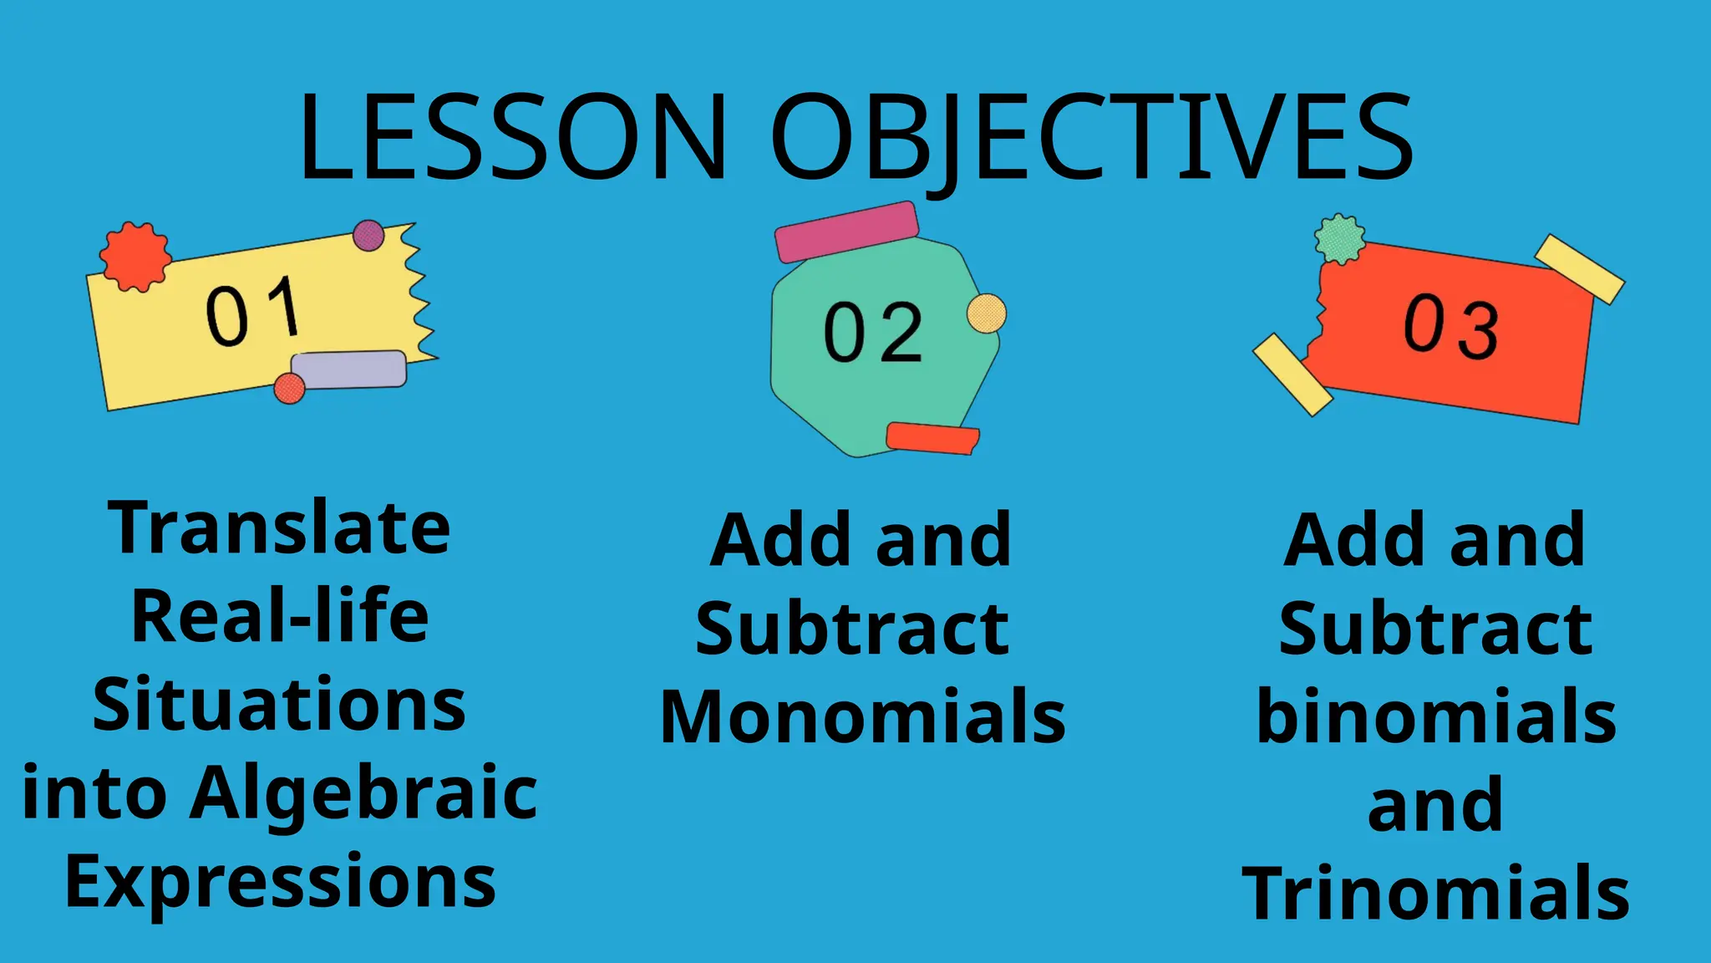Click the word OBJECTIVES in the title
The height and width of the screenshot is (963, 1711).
point(1091,138)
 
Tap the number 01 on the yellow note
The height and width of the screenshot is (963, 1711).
point(253,311)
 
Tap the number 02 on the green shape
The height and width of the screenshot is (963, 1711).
point(873,333)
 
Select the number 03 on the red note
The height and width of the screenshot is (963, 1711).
point(1451,326)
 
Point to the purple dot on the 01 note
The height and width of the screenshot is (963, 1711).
point(368,236)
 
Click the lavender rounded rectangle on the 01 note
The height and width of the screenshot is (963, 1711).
point(349,369)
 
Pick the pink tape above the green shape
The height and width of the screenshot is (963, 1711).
point(846,231)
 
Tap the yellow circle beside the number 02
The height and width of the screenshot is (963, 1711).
point(987,313)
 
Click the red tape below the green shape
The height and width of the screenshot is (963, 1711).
point(932,438)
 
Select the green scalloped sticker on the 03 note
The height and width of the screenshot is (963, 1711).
point(1340,238)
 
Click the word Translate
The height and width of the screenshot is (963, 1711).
point(279,528)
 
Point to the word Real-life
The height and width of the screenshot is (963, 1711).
point(280,616)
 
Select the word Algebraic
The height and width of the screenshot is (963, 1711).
point(363,793)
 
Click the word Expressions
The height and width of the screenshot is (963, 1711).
point(281,882)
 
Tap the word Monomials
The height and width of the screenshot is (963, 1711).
point(863,716)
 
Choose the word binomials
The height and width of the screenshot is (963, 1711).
point(1436,716)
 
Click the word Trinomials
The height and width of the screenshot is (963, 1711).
point(1436,894)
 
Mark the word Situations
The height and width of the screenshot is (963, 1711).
point(279,705)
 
